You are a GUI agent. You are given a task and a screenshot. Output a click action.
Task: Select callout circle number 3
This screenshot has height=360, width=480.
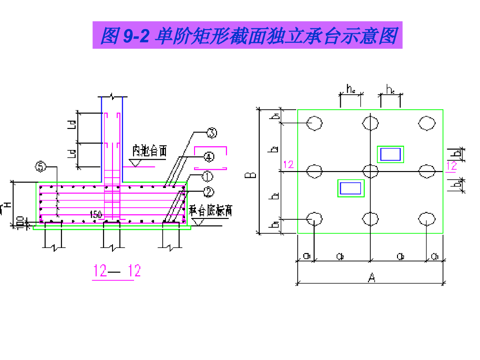(212, 134)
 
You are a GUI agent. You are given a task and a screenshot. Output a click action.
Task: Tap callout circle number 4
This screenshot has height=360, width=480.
(208, 157)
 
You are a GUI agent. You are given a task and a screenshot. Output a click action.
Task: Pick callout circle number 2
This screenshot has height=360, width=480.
(208, 191)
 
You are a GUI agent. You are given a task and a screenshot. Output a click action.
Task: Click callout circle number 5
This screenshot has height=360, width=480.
(41, 166)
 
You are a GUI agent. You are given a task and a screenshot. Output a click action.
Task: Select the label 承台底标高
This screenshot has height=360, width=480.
(210, 211)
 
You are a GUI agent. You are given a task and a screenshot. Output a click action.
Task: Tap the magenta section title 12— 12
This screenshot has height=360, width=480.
(116, 271)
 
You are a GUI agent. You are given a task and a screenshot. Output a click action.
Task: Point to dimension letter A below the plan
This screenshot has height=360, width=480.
(371, 278)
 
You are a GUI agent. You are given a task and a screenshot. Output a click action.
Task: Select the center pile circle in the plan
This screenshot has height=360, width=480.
(370, 171)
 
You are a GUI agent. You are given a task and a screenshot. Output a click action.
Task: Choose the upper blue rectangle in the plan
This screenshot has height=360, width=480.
(390, 154)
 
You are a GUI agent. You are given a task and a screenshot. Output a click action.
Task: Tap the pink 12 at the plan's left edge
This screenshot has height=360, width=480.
(288, 164)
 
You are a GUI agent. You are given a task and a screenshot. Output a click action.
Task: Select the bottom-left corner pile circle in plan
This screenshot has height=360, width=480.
(314, 219)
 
